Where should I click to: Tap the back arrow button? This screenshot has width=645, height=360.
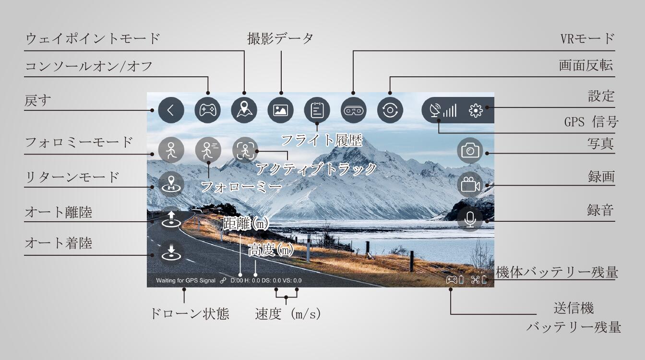pyautogui.click(x=171, y=110)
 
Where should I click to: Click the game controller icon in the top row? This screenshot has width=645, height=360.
pyautogui.click(x=208, y=110)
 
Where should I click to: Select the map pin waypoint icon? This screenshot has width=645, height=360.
pyautogui.click(x=244, y=110)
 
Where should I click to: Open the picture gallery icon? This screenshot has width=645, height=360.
pyautogui.click(x=280, y=110)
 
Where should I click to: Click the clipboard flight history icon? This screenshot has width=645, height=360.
pyautogui.click(x=317, y=110)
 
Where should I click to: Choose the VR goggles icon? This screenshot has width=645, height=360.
pyautogui.click(x=354, y=110)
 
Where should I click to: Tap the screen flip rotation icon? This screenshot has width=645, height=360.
pyautogui.click(x=390, y=110)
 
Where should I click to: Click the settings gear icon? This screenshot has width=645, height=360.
pyautogui.click(x=476, y=110)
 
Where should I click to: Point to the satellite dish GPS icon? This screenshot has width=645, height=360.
pyautogui.click(x=435, y=110)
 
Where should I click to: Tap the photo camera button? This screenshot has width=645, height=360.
pyautogui.click(x=470, y=150)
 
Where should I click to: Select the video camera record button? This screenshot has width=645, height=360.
pyautogui.click(x=470, y=185)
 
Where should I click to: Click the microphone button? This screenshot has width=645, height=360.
pyautogui.click(x=470, y=219)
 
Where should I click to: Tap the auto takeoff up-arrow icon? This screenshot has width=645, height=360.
pyautogui.click(x=171, y=219)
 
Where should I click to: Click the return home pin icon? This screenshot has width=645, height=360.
pyautogui.click(x=171, y=184)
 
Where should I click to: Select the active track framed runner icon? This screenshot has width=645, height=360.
pyautogui.click(x=245, y=150)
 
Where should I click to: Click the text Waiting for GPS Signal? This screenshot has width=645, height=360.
pyautogui.click(x=186, y=280)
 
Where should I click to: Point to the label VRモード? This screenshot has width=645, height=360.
pyautogui.click(x=587, y=38)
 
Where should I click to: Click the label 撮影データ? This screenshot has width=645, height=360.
pyautogui.click(x=280, y=38)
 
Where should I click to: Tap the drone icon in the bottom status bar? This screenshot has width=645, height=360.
pyautogui.click(x=475, y=280)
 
